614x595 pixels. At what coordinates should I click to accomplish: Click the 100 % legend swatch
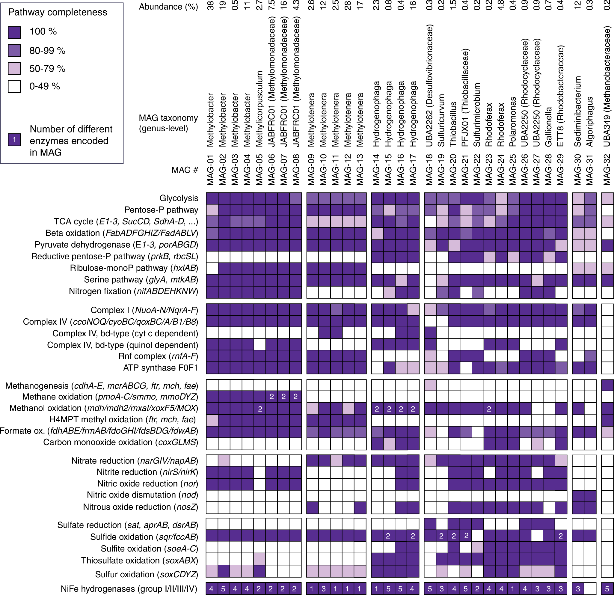coord(14,32)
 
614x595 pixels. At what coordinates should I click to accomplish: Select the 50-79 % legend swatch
coord(14,68)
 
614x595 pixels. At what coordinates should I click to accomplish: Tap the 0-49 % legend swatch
coord(14,86)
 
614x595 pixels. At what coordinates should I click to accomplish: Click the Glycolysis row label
coord(179,198)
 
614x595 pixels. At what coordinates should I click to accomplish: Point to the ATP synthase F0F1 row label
coord(160,367)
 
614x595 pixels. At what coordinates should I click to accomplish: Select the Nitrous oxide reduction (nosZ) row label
coord(140,507)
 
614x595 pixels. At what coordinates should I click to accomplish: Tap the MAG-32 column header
coord(607,170)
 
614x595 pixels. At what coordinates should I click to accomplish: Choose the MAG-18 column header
coord(429,170)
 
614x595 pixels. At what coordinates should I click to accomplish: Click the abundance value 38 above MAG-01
coord(211,6)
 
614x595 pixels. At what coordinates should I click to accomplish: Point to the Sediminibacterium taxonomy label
coord(578,111)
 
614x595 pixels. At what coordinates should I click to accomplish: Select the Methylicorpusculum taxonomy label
coord(259,109)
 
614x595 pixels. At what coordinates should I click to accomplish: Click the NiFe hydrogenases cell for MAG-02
coord(223,589)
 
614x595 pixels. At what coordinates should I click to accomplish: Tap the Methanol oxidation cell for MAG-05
coord(260,409)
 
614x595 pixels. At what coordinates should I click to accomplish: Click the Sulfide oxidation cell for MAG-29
coord(561,536)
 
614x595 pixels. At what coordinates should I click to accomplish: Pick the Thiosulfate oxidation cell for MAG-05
coord(260,559)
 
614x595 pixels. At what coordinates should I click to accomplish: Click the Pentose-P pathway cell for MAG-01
coord(212,210)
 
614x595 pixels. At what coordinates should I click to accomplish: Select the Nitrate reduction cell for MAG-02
coord(224,461)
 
